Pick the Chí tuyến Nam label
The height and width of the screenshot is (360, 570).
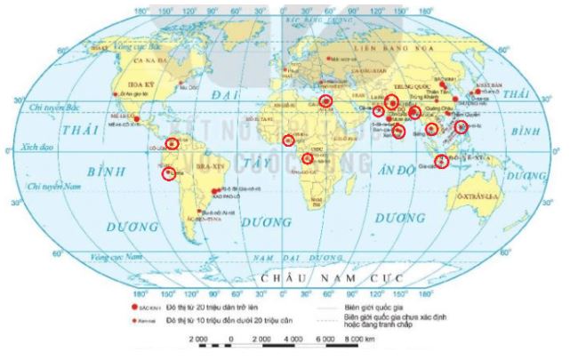pos(47,188)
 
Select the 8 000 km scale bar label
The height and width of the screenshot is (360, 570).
pos(351,340)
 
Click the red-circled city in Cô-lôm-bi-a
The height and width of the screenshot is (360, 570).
pos(172,142)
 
